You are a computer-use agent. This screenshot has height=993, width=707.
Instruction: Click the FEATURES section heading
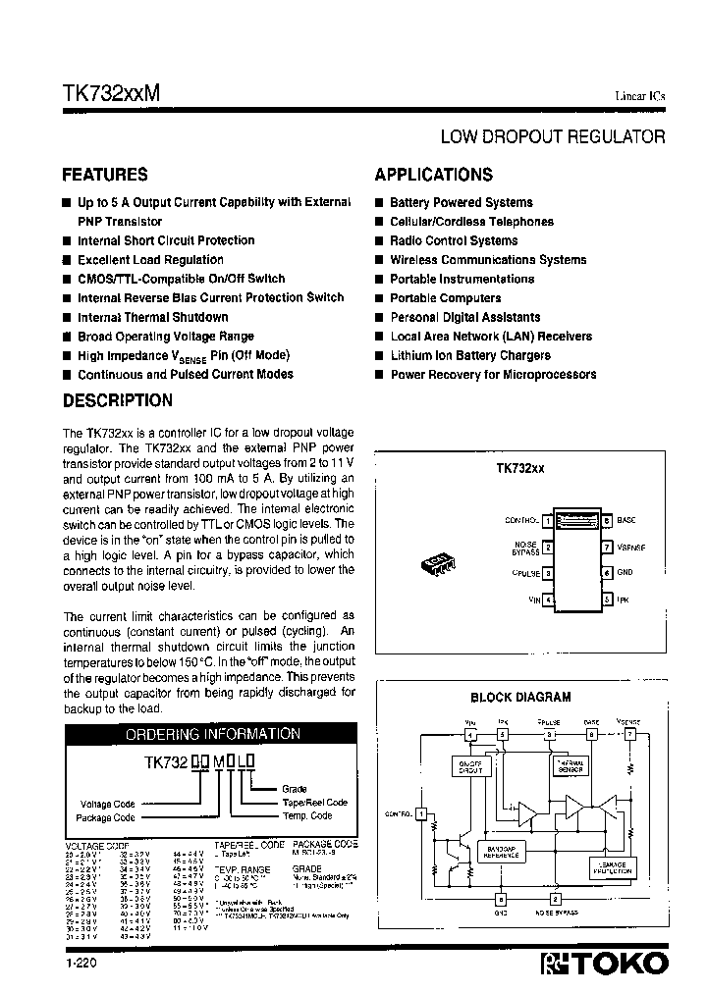(x=105, y=175)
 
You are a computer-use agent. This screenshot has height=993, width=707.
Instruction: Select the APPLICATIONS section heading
(x=433, y=175)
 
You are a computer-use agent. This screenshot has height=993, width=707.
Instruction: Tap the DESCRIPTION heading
(x=117, y=400)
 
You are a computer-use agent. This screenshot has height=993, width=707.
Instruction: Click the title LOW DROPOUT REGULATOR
(x=552, y=137)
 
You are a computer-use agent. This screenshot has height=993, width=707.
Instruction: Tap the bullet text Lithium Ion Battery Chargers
(x=470, y=355)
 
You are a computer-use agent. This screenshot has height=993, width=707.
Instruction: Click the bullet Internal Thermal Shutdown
(x=152, y=317)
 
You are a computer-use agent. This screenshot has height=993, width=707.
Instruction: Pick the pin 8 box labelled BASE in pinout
(x=608, y=520)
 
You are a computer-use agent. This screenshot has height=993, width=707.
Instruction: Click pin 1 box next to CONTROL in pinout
(x=548, y=520)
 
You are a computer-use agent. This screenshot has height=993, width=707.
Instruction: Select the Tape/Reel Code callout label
(x=314, y=802)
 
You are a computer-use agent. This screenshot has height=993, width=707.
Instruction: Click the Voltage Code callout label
(x=108, y=804)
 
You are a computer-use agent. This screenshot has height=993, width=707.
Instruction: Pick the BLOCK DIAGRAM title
(x=520, y=698)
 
